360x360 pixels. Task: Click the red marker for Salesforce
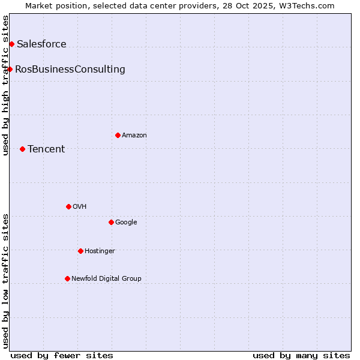[x=11, y=44]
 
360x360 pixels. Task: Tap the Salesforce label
[x=41, y=44]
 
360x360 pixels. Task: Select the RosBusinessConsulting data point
[x=10, y=69]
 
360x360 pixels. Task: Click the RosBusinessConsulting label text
[x=70, y=70]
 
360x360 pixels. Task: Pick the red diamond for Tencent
[x=22, y=149]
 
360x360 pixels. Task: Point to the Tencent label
[x=46, y=149]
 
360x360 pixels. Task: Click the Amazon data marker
[x=118, y=135]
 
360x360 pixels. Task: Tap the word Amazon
[x=134, y=136]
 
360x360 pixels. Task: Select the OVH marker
[x=68, y=206]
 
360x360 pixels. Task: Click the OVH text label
[x=80, y=207]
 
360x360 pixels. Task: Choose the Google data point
[x=111, y=222]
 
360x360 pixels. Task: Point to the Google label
[x=126, y=223]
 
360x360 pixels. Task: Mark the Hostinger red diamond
[x=80, y=251]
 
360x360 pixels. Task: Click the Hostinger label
[x=100, y=251]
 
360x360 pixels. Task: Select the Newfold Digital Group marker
[x=67, y=278]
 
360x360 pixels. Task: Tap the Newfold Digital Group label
[x=106, y=279]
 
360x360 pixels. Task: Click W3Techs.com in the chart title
[x=310, y=6]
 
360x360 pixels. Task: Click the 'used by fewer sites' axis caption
[x=62, y=355]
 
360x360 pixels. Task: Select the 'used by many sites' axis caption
[x=301, y=355]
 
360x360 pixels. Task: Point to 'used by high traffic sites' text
[x=6, y=85]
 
